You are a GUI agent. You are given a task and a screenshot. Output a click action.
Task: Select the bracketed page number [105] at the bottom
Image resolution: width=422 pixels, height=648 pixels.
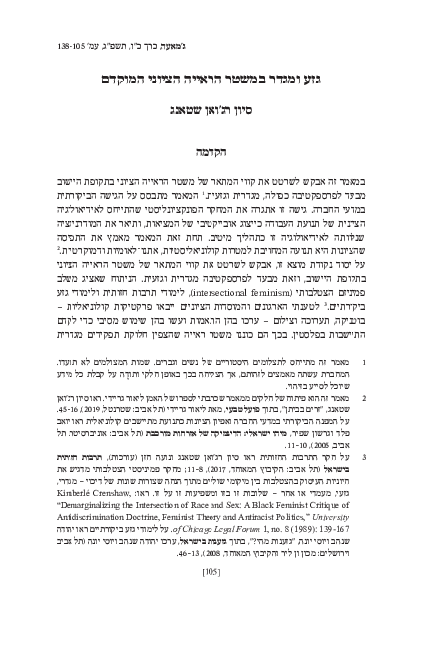pos(210,599)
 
